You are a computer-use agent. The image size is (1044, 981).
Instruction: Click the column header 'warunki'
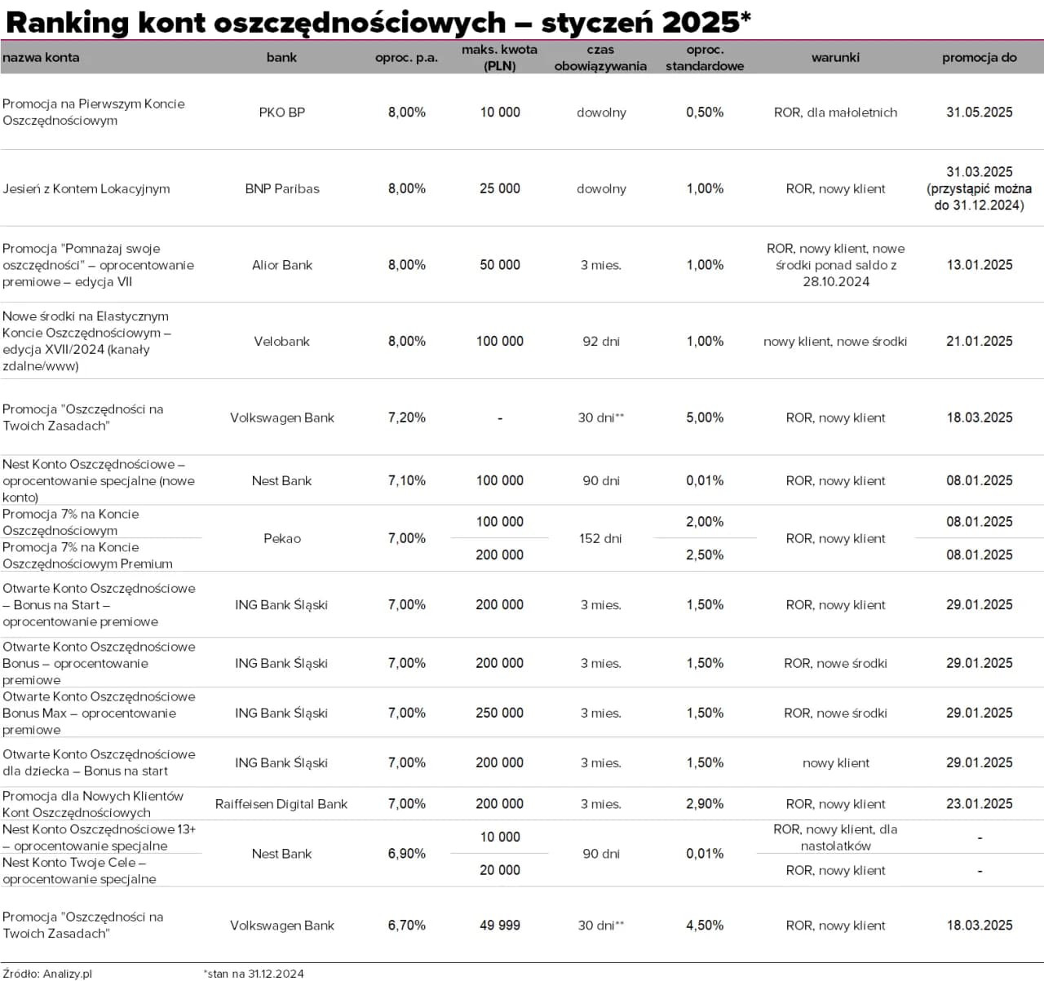click(835, 57)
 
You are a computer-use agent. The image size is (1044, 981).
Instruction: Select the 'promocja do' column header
click(979, 57)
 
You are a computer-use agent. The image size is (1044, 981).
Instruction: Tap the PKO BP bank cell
click(281, 113)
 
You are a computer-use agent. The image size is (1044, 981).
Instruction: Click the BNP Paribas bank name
click(281, 188)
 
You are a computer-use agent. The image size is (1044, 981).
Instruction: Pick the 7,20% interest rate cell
click(406, 418)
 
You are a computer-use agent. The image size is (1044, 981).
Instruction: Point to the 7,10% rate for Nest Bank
click(406, 481)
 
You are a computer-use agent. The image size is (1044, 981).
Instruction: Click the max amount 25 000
click(499, 188)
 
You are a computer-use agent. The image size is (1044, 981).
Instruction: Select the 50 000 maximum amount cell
click(499, 265)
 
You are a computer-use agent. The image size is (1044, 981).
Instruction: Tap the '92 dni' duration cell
click(600, 342)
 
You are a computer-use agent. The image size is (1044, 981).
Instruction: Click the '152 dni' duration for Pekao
click(600, 538)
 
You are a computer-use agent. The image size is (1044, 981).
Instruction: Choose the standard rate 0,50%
click(705, 113)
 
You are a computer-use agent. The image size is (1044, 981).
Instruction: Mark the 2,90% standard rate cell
click(705, 804)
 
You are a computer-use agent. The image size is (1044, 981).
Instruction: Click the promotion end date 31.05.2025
click(979, 113)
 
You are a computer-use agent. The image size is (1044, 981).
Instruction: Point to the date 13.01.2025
click(979, 265)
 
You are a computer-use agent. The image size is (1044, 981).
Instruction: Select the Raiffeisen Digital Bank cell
click(281, 804)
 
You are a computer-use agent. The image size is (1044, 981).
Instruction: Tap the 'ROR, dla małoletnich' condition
click(835, 113)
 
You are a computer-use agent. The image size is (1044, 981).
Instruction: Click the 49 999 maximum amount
click(499, 926)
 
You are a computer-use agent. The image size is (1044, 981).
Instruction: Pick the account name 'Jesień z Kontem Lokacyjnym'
click(86, 188)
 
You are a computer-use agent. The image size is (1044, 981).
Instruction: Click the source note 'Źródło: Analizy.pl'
click(47, 974)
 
